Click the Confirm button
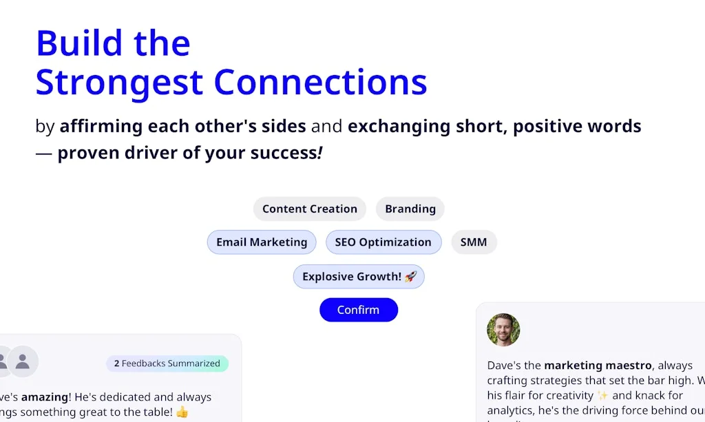point(358,310)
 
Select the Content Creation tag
point(309,209)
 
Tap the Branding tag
point(410,209)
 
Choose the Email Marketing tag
point(262,242)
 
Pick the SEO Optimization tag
point(383,242)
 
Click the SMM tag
point(473,242)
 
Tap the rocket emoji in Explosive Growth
point(411,277)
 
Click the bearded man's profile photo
point(503,330)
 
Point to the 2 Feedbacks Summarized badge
point(167,363)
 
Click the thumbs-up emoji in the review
point(182,412)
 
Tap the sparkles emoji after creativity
point(603,395)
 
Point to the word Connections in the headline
point(320,82)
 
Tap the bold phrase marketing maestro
point(598,366)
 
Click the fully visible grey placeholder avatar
point(23,361)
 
